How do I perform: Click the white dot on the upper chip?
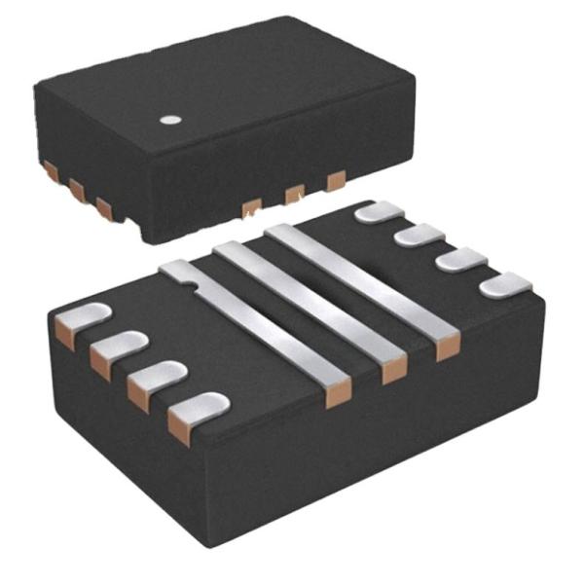[x=171, y=121]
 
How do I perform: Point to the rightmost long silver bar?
[x=360, y=282]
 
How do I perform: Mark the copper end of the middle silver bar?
[x=393, y=372]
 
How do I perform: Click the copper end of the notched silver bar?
[x=337, y=394]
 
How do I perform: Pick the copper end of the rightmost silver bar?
[x=447, y=348]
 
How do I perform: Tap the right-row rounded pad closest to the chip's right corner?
[x=505, y=284]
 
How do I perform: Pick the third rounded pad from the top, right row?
[x=460, y=259]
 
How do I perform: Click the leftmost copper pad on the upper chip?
[x=50, y=172]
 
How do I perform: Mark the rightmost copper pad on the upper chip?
[x=336, y=180]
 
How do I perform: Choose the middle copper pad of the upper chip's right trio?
[x=295, y=195]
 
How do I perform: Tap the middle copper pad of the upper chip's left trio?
[x=76, y=188]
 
